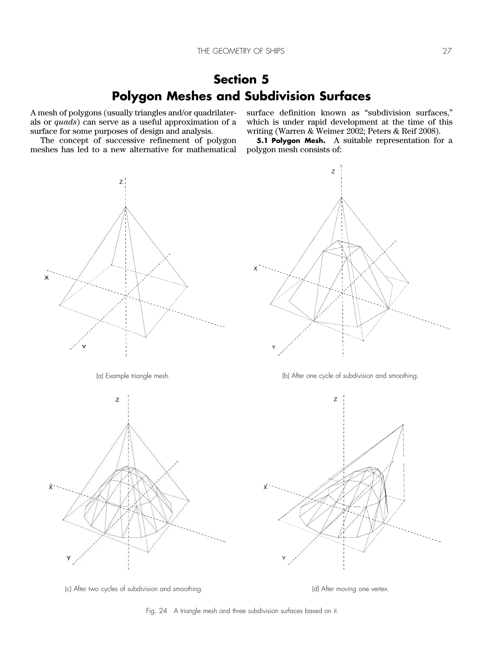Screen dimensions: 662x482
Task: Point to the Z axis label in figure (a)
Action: point(121,182)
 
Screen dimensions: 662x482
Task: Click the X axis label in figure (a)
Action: point(46,278)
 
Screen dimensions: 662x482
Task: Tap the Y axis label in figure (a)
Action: point(84,347)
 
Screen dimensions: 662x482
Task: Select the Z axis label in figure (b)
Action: point(333,172)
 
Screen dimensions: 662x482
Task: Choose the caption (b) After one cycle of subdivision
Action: point(350,376)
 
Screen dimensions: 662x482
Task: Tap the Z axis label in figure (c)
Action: point(117,400)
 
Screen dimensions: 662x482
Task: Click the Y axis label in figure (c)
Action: point(68,558)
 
